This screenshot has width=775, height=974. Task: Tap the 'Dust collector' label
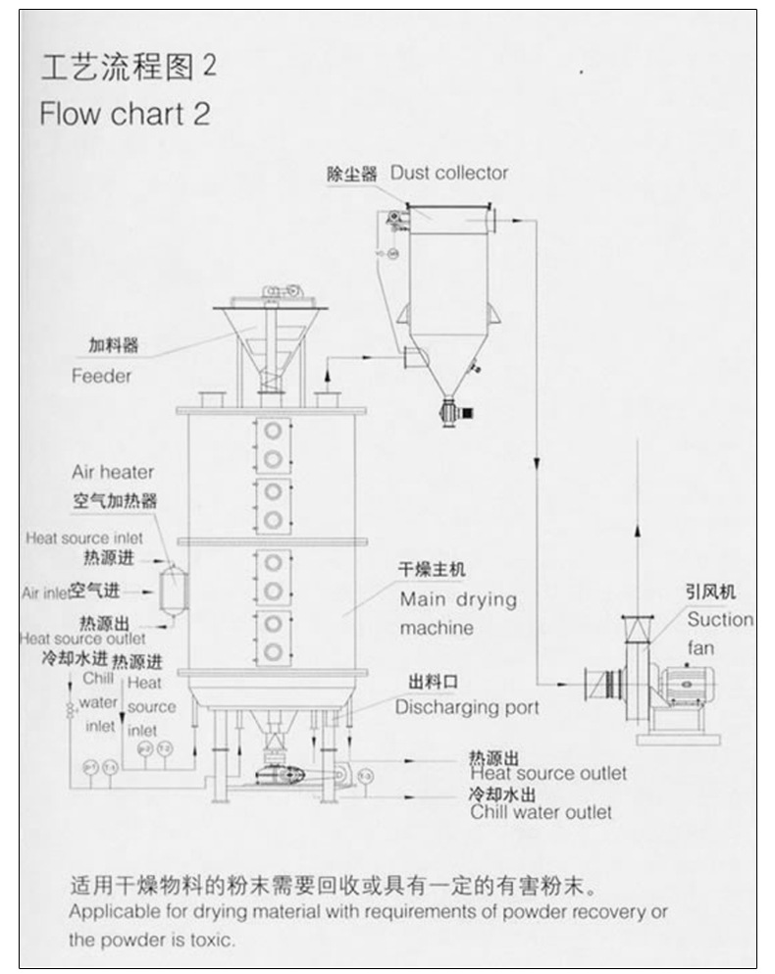(449, 173)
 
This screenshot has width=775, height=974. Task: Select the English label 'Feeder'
(101, 376)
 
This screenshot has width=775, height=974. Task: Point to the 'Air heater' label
(112, 473)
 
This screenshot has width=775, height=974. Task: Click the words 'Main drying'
(457, 599)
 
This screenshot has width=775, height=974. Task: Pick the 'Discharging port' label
(467, 706)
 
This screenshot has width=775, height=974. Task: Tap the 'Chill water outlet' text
(541, 812)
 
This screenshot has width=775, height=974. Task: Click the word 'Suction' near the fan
(720, 620)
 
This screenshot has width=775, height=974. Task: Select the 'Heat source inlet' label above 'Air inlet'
(84, 538)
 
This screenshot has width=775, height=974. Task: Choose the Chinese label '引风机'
(710, 591)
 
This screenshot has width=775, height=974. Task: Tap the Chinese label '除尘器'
(352, 174)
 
